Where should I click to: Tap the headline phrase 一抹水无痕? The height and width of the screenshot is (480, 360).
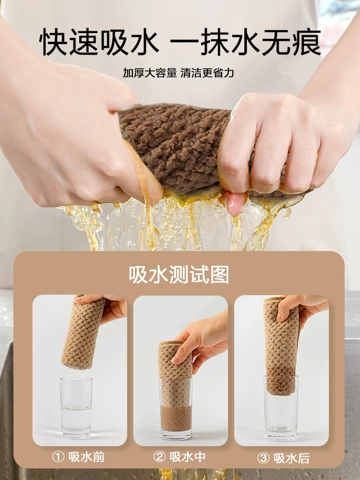tap(245, 42)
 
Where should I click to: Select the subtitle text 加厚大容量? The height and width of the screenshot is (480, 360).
tap(150, 73)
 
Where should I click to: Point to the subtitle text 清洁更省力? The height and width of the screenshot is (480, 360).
tap(207, 73)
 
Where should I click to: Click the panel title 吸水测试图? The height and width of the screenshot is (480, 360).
tap(179, 275)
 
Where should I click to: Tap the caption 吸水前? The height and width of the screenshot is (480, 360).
tap(86, 457)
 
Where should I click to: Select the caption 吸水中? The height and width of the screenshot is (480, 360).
tap(188, 457)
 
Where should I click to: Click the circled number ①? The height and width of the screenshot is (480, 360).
tap(58, 457)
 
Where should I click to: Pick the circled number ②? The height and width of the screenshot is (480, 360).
tap(159, 457)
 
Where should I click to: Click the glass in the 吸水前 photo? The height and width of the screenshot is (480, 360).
tap(76, 408)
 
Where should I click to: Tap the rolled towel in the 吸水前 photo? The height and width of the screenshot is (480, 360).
tap(82, 332)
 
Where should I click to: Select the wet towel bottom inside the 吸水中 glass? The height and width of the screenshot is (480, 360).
tap(176, 419)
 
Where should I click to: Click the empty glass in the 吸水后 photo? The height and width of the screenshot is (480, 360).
tap(281, 408)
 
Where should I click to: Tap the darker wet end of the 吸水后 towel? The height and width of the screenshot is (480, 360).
tap(281, 380)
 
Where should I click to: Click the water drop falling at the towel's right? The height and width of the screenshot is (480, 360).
tap(287, 213)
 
